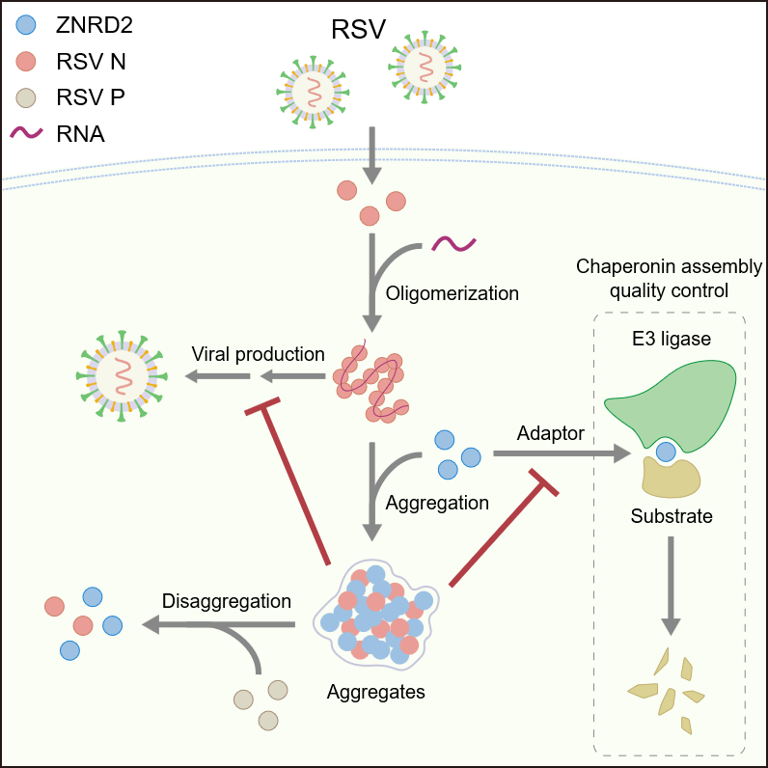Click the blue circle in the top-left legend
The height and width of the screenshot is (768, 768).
coord(27,25)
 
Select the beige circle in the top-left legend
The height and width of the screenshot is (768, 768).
coord(27,97)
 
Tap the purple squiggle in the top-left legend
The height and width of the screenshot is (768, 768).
coord(27,132)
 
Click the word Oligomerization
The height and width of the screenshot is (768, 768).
coord(452,293)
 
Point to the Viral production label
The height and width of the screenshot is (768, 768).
coord(258,354)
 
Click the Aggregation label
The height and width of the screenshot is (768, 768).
coord(437,503)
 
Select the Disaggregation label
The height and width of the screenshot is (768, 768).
coord(227,601)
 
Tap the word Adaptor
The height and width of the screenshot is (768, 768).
coord(550,433)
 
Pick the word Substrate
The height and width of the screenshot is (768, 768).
coord(672,516)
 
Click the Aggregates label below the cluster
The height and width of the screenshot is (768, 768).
coord(375,692)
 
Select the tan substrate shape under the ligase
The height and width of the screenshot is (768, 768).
coord(672,475)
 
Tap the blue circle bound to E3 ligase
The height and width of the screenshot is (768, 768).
coord(666,451)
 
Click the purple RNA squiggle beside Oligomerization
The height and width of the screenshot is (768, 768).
coord(453,244)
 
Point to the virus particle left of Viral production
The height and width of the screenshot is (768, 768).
coord(121,374)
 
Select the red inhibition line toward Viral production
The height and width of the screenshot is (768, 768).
coord(289,482)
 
